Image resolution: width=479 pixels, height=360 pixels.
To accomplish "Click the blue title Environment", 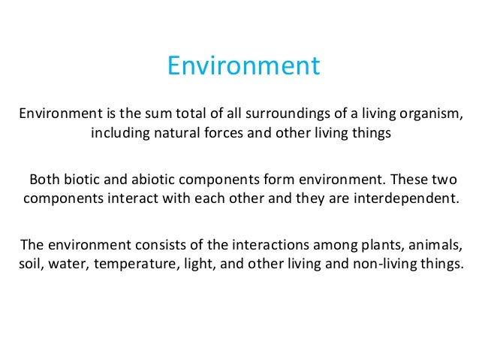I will point(243,66).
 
